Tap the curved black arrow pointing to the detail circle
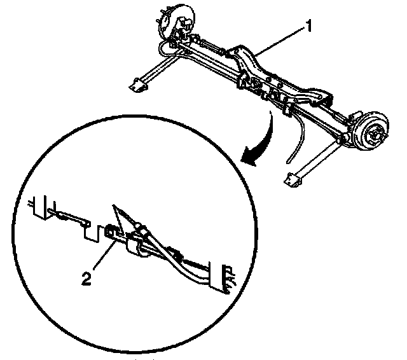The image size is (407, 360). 259,146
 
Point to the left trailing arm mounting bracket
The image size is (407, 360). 137,85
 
